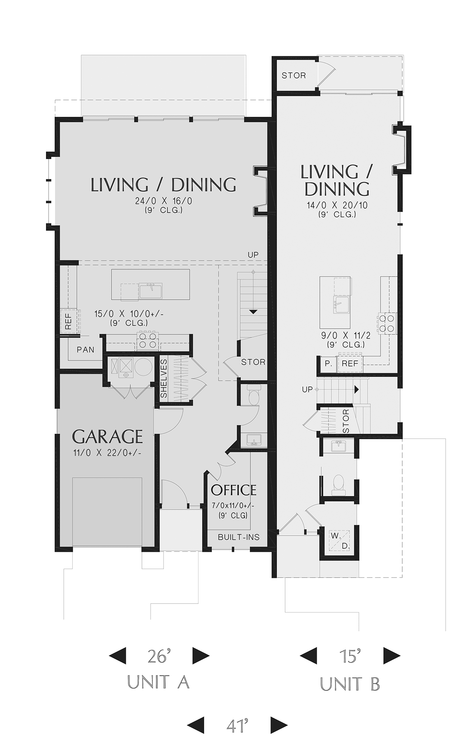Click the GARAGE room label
click(107, 436)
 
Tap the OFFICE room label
click(234, 490)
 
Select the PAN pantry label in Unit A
click(86, 350)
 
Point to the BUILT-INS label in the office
click(239, 537)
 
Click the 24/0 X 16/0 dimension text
click(164, 201)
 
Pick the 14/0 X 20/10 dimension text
click(337, 205)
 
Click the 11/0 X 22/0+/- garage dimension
click(107, 453)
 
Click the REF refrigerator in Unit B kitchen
click(350, 364)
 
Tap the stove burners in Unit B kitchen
click(388, 323)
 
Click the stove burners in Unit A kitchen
click(147, 340)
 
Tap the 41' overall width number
click(237, 725)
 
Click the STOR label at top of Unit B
click(294, 75)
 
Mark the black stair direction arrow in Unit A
click(253, 312)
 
